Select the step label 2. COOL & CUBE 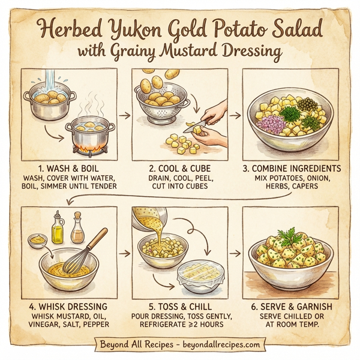(x=179, y=168)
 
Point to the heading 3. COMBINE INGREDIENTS (x=292, y=168)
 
